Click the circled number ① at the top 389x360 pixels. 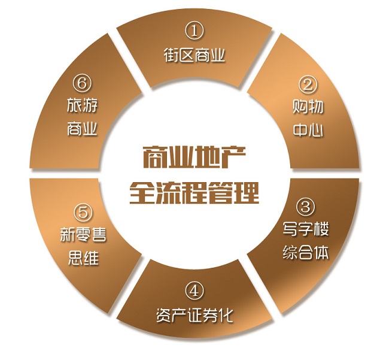tap(194, 30)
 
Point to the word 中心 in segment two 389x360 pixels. tap(308, 130)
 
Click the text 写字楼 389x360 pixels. tap(305, 229)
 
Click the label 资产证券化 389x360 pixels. tap(194, 316)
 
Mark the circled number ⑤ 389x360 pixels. tap(83, 212)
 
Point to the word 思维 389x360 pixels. tap(83, 259)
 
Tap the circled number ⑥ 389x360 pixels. tap(83, 81)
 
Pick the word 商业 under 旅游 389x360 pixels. tap(83, 129)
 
